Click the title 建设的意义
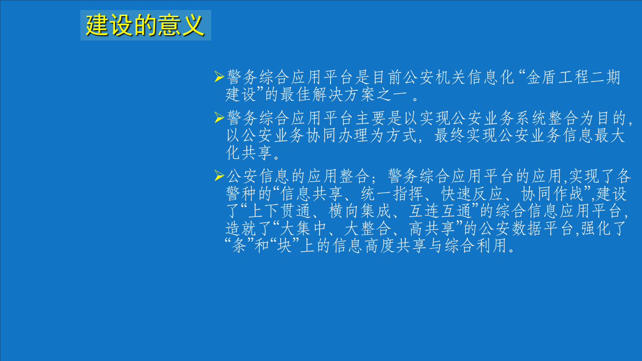coord(145,25)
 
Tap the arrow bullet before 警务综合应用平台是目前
coord(219,76)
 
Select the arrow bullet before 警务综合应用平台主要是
coord(219,117)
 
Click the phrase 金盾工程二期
coord(573,77)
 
